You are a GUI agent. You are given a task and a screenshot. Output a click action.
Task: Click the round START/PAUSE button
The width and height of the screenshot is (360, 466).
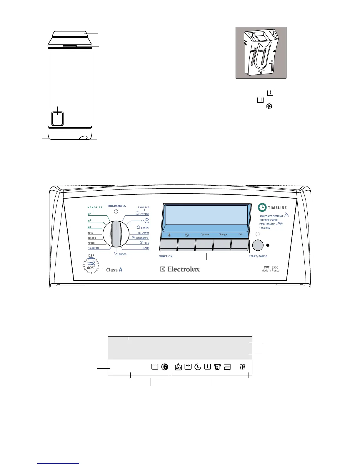pos(258,245)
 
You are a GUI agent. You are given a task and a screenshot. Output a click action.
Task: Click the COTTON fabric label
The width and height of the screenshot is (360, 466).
pos(144,214)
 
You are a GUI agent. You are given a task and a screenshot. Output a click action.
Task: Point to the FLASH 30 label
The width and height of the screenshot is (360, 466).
pos(93,248)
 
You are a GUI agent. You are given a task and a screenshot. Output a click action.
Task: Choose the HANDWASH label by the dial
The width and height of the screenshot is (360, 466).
pos(142,238)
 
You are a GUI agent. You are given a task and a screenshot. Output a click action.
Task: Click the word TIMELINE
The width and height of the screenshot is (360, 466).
pos(277,208)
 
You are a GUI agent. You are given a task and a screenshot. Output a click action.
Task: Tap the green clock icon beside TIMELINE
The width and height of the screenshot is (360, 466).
pos(262,207)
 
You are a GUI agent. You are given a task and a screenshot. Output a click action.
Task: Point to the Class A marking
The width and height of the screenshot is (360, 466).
pos(114,269)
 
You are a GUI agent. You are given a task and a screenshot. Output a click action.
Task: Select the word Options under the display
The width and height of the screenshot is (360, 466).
pos(205,234)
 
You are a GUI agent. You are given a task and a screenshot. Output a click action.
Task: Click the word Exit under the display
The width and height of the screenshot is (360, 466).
pos(240,234)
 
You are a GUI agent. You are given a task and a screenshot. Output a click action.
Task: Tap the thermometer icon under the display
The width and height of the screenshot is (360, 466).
pos(170,235)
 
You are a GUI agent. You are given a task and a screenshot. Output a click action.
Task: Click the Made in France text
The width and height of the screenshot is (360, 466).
pos(270,271)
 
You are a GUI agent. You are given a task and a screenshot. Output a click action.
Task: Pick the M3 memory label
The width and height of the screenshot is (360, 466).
pos(89,227)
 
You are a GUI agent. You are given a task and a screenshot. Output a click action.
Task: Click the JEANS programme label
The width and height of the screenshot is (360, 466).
pos(146,248)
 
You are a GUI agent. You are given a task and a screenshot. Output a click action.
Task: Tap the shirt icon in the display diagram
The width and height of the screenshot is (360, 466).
pos(217,367)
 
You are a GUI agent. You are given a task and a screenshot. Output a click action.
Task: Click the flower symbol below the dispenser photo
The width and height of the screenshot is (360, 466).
pos(269,106)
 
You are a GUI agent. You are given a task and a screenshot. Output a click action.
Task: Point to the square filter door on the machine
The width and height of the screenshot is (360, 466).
pos(57,119)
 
